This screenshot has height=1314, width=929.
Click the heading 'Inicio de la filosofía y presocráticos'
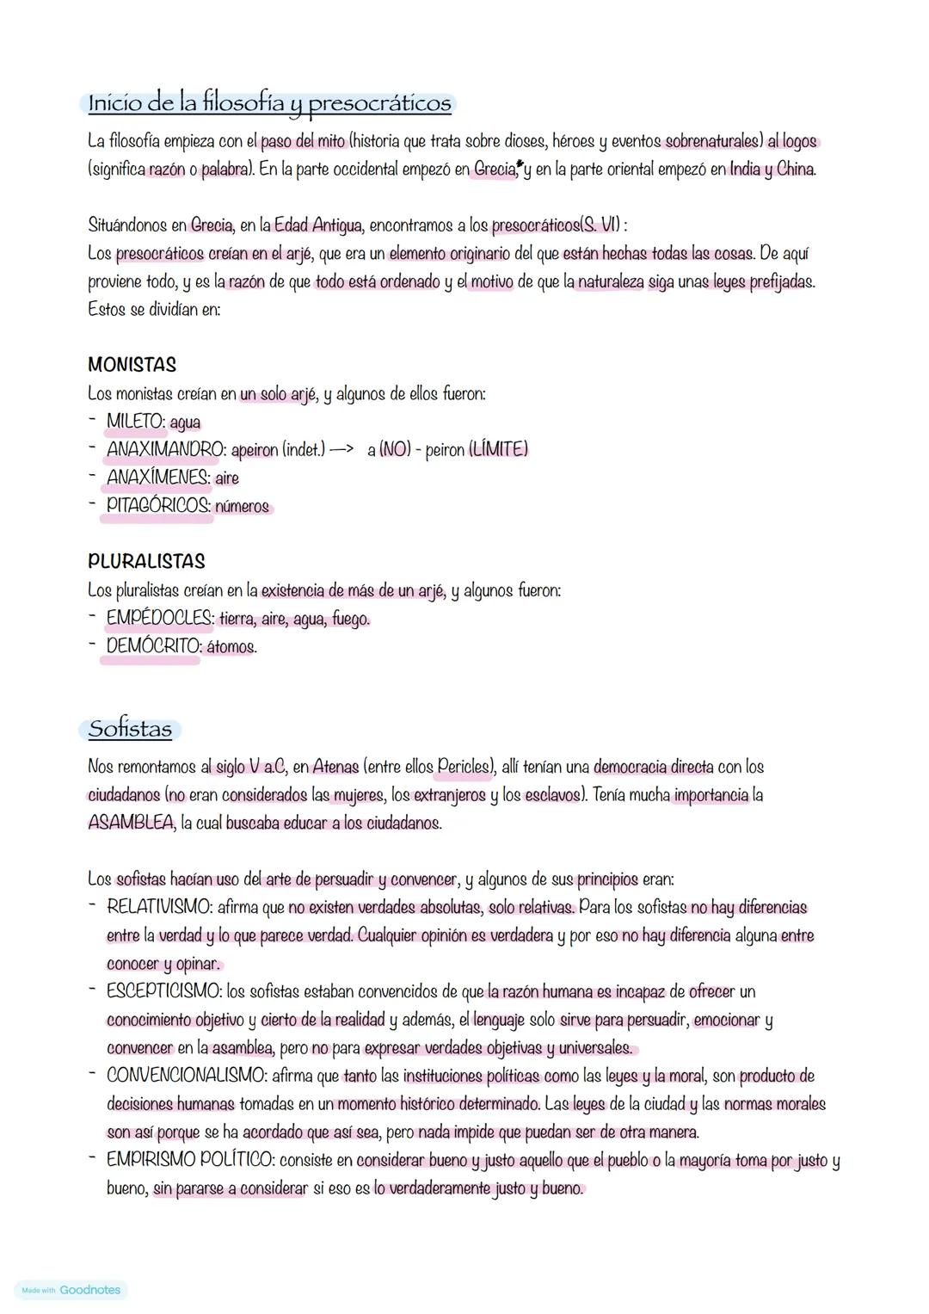tap(269, 103)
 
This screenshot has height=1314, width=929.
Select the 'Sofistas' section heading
tap(130, 730)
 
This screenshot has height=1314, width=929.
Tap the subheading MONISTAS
tap(132, 365)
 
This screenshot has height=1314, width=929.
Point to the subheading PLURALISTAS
tap(146, 562)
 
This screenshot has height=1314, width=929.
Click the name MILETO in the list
tap(135, 422)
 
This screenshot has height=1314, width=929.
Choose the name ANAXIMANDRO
tap(164, 449)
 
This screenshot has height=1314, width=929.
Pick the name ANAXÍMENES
tap(157, 478)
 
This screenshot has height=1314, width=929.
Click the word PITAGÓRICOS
tap(158, 506)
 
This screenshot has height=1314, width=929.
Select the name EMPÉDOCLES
tap(159, 619)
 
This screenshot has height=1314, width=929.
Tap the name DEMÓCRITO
tap(152, 646)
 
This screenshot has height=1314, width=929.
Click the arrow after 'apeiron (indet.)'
tap(341, 450)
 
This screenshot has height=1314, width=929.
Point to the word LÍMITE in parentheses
tap(498, 449)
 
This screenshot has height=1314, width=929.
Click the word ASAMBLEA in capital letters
tap(131, 823)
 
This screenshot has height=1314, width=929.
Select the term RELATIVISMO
tap(158, 907)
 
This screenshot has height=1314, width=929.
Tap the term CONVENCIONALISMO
tap(185, 1076)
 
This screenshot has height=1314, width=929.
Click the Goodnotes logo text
tap(90, 1290)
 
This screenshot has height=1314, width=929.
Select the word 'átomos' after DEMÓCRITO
tap(231, 646)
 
